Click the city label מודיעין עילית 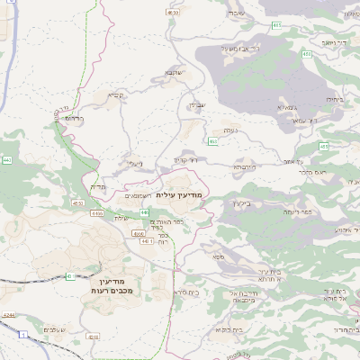tap(179, 194)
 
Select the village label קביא tap(116, 96)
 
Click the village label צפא tap(220, 257)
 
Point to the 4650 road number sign tap(172, 13)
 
